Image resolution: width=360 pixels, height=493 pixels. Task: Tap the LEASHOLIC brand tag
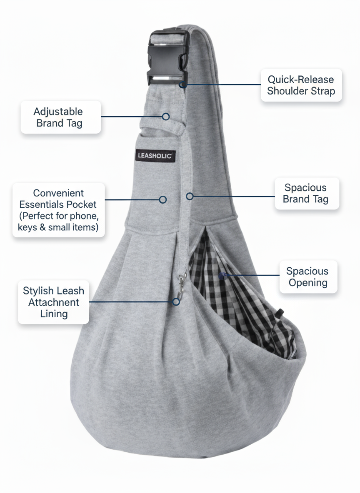tap(156, 156)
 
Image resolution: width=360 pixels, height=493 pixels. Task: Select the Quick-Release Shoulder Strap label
tap(301, 85)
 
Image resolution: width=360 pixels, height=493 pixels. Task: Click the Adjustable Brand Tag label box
tap(61, 117)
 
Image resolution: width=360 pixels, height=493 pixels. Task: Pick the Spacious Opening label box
tap(308, 277)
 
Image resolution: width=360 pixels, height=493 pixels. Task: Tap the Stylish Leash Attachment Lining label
tap(53, 302)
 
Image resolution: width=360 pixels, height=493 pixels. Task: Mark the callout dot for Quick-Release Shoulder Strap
tap(182, 85)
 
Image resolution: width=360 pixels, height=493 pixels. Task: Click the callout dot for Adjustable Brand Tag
tap(166, 117)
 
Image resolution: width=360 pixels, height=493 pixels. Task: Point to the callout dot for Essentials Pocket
tap(163, 199)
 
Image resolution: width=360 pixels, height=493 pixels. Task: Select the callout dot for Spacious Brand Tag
tap(190, 196)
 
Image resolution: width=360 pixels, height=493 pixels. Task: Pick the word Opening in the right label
tap(308, 283)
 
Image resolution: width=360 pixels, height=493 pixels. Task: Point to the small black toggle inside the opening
tap(280, 311)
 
